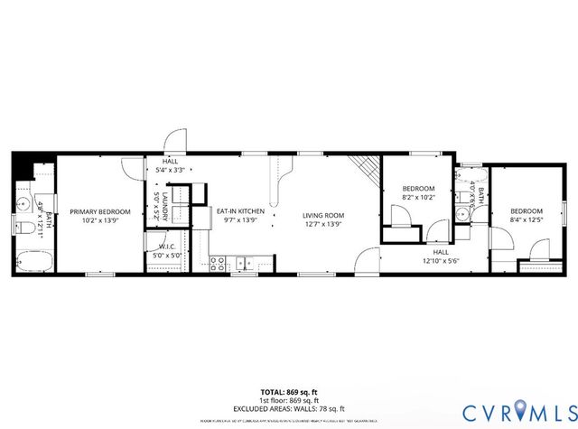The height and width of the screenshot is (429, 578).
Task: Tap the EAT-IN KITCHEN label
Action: point(239,211)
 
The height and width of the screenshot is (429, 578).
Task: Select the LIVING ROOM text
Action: point(322,215)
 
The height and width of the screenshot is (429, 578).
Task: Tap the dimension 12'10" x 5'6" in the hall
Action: point(441,261)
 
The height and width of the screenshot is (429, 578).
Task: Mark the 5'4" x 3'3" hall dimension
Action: point(171,169)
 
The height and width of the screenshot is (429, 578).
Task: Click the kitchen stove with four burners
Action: point(218,264)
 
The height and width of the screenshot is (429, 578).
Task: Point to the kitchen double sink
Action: point(245,265)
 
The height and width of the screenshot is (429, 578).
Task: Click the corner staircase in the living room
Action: point(365,166)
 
